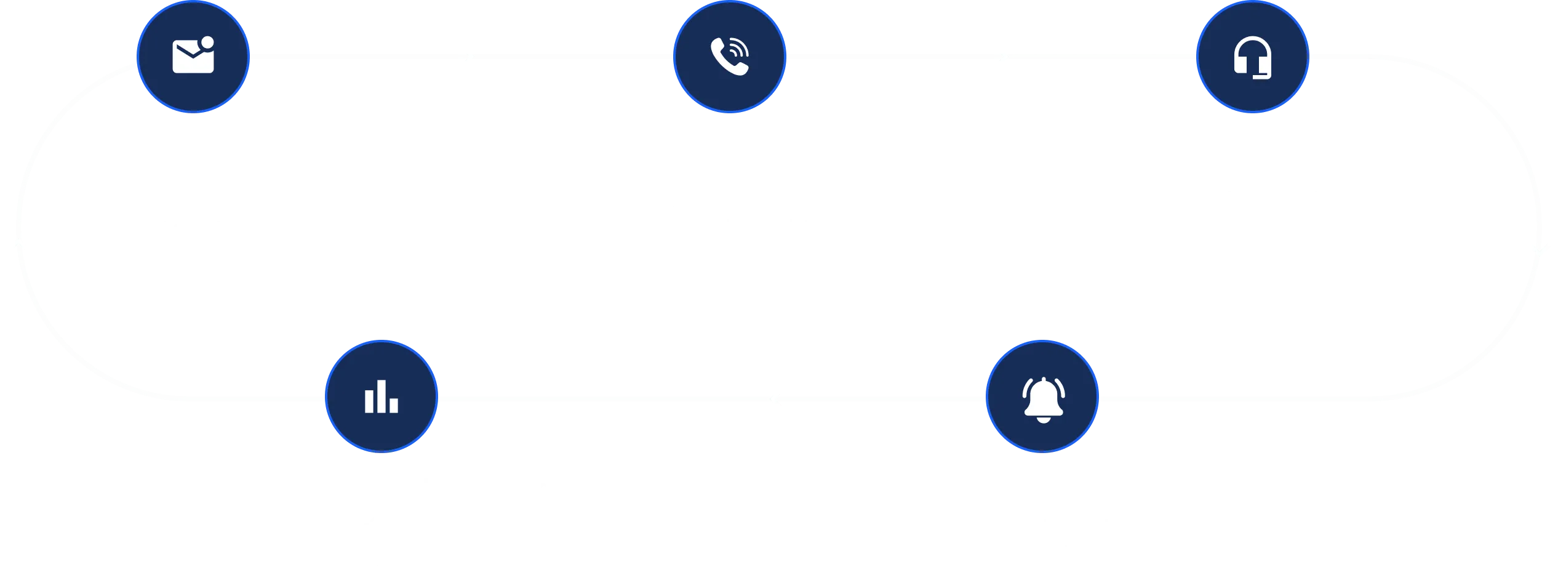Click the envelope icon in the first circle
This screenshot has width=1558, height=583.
tap(193, 58)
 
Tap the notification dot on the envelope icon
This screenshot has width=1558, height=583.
tap(207, 42)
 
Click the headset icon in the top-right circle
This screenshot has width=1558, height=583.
tap(1252, 58)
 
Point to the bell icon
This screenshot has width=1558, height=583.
tap(1042, 398)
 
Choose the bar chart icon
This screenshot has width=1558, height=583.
tap(381, 397)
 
